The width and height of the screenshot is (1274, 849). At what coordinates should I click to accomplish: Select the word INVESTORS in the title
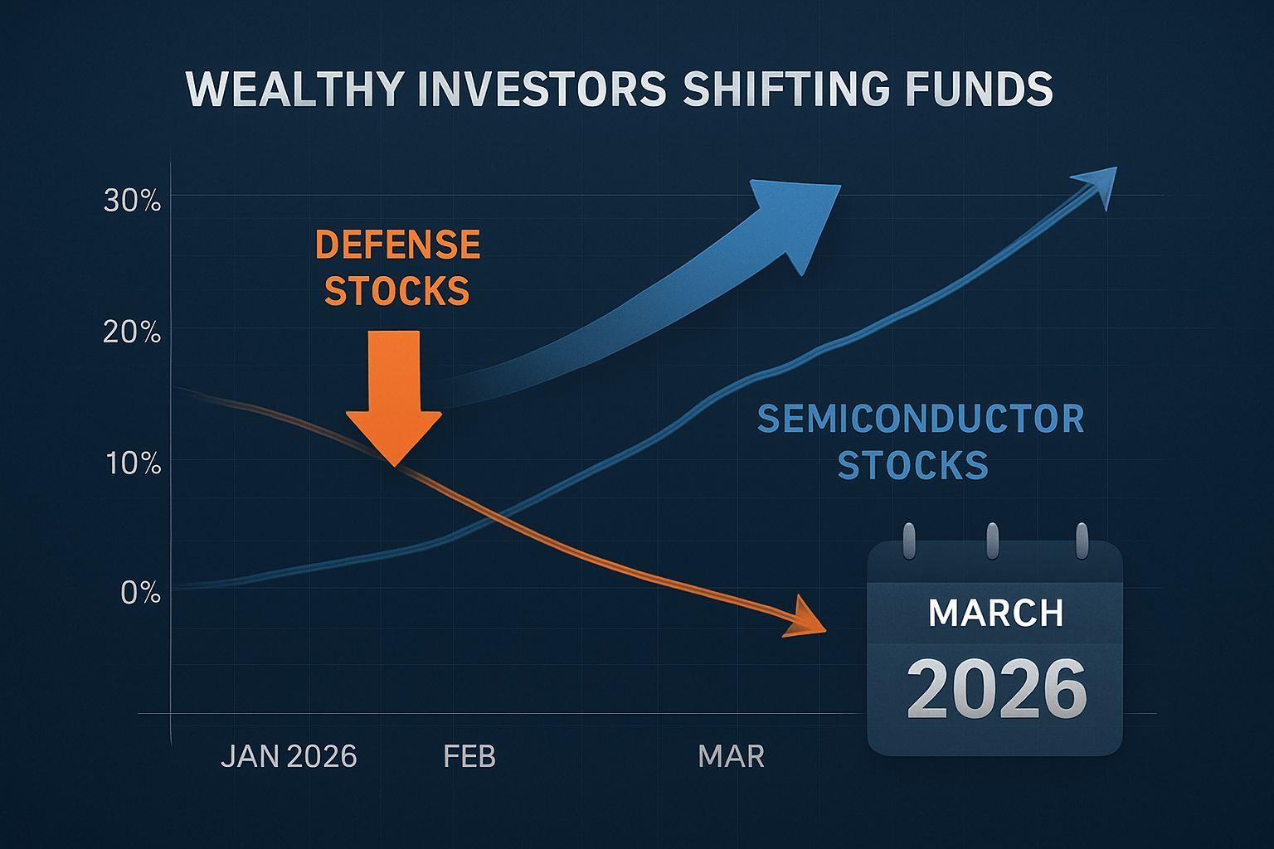pyautogui.click(x=542, y=89)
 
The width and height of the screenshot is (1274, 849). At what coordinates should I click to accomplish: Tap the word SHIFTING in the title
pyautogui.click(x=785, y=89)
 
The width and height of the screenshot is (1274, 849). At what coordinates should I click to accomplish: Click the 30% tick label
pyautogui.click(x=132, y=201)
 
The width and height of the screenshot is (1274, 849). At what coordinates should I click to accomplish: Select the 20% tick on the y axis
pyautogui.click(x=132, y=332)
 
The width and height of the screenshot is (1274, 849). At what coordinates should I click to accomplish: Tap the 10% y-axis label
pyautogui.click(x=133, y=464)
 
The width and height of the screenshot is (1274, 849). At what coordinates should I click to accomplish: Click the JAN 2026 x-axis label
pyautogui.click(x=289, y=757)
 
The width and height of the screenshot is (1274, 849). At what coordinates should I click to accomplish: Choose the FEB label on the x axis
pyautogui.click(x=469, y=757)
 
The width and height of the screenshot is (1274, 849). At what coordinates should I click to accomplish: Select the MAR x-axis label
pyautogui.click(x=731, y=757)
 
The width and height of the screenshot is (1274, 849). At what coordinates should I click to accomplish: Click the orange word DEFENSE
pyautogui.click(x=397, y=245)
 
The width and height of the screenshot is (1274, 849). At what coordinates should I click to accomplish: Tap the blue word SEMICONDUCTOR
pyautogui.click(x=921, y=419)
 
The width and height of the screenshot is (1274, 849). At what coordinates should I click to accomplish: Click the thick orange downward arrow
pyautogui.click(x=394, y=398)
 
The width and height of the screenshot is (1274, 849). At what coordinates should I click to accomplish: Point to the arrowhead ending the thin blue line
pyautogui.click(x=1095, y=187)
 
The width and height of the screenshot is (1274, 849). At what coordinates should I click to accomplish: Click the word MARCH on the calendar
pyautogui.click(x=996, y=613)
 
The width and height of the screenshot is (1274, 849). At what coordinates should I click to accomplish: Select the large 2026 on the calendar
pyautogui.click(x=996, y=689)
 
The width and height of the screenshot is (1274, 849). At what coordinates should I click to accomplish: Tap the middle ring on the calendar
pyautogui.click(x=993, y=541)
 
